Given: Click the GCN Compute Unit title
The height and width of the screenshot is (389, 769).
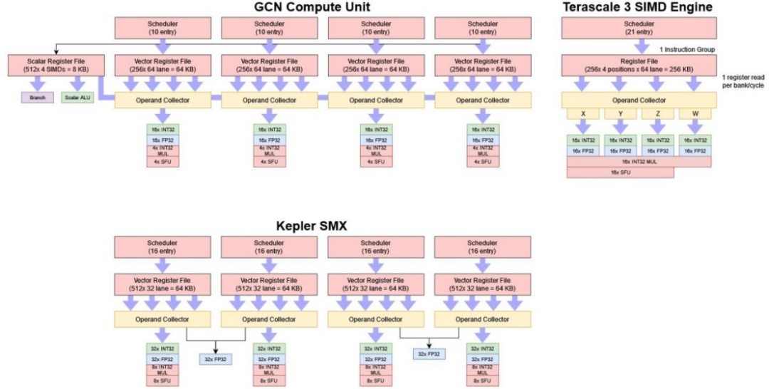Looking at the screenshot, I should (x=323, y=8).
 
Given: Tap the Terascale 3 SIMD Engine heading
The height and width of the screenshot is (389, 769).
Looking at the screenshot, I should (x=637, y=8).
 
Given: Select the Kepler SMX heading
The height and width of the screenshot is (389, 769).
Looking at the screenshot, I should (x=323, y=227).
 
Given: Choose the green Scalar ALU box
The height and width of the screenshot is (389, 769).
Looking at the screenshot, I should (x=78, y=96).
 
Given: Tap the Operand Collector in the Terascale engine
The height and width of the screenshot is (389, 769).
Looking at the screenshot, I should (x=639, y=100).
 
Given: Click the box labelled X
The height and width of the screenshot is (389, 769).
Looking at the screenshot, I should (x=583, y=114).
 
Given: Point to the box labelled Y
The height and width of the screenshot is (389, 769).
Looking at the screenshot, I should (x=620, y=114).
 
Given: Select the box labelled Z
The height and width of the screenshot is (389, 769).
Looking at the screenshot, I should (x=657, y=114).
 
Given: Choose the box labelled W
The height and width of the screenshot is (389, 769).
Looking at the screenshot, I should (x=695, y=114).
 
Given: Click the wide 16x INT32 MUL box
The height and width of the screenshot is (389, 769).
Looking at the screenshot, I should (x=639, y=162).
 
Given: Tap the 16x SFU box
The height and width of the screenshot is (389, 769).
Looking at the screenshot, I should (x=620, y=172).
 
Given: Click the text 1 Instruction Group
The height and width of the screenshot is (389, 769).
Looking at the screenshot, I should (x=686, y=48).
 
